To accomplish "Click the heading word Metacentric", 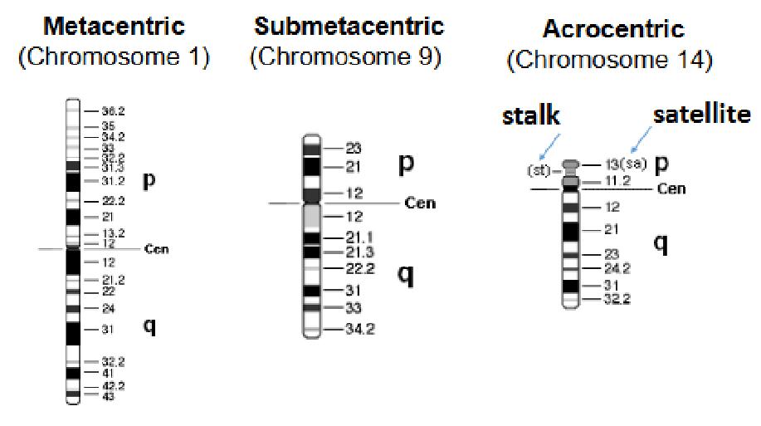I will coord(114,27).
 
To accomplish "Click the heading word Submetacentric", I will coord(349,27).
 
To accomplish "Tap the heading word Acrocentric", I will coord(613,30).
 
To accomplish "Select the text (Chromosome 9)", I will coord(345,57).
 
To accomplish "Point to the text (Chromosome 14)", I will coord(612,60).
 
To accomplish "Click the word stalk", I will coord(533,115).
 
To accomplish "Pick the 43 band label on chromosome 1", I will coord(108,396).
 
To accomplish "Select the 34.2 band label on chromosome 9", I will coord(359,329).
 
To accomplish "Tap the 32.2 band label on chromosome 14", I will coord(617,298).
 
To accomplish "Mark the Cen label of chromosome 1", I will coord(156,248).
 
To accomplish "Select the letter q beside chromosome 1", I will coord(149,326).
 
